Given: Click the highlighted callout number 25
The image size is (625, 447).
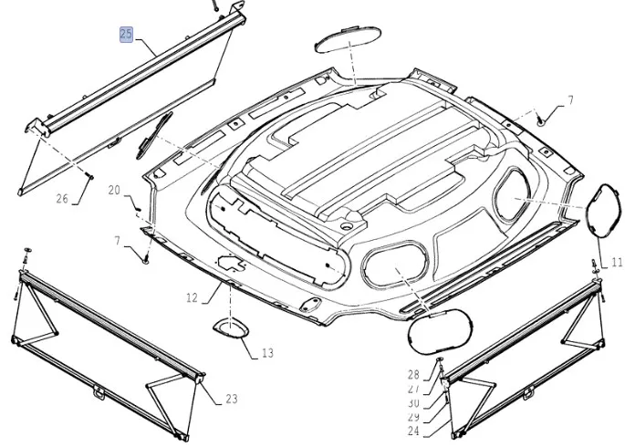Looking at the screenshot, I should tap(126, 35).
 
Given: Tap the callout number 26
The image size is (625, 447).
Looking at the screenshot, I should tap(62, 199).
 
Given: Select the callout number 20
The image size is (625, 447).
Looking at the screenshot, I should tap(114, 190).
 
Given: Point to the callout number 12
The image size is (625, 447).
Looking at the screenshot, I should tap(192, 297).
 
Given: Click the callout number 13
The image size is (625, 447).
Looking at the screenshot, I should tap(266, 352).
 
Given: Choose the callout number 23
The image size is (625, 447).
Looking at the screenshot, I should tap(231, 398).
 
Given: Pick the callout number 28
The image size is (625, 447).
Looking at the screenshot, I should tap(413, 375).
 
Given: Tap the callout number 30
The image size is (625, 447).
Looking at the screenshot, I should tap(413, 403).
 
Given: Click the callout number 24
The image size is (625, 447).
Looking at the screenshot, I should tap(413, 431).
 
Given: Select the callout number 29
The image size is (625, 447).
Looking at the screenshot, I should tap(413, 417).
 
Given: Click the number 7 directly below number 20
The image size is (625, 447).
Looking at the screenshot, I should tap(117, 240).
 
